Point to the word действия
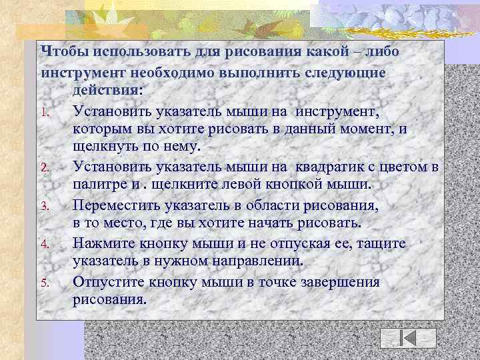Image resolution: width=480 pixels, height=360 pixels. (x=107, y=89)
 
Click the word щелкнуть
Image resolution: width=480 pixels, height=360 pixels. (x=105, y=146)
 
